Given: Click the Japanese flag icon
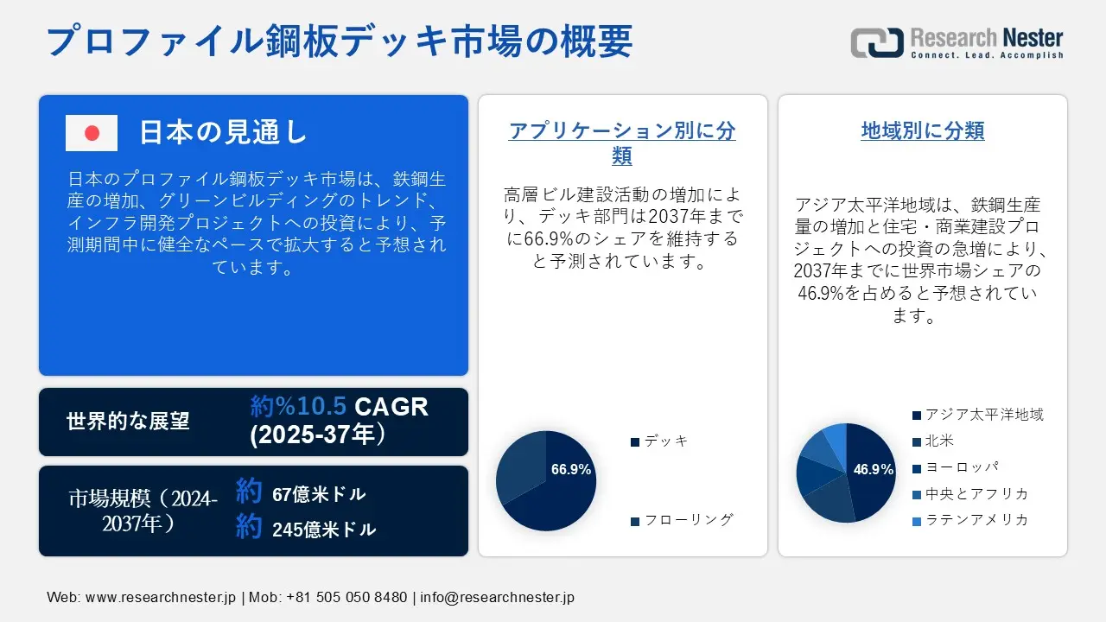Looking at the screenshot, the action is click(92, 133).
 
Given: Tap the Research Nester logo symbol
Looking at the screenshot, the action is click(877, 42).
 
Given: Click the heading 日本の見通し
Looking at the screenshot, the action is click(224, 132).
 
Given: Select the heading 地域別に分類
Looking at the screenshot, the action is click(922, 130).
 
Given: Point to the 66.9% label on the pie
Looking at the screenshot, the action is click(571, 469).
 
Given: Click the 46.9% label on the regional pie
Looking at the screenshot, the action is click(873, 469).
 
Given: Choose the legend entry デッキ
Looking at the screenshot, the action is click(659, 441).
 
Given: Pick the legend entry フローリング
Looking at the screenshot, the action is click(683, 520).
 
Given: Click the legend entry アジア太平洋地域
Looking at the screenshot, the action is click(978, 415).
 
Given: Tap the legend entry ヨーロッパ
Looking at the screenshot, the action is click(956, 467).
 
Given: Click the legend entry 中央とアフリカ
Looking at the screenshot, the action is click(970, 493).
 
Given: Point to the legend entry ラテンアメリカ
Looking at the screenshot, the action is click(970, 520).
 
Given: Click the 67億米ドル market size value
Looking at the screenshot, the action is click(319, 494).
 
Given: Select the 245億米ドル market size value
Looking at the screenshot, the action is click(324, 530).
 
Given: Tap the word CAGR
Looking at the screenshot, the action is click(391, 407).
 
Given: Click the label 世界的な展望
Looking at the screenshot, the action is click(128, 421).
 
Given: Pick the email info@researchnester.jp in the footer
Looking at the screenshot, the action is click(497, 597).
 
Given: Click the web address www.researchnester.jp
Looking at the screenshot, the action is click(161, 597).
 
